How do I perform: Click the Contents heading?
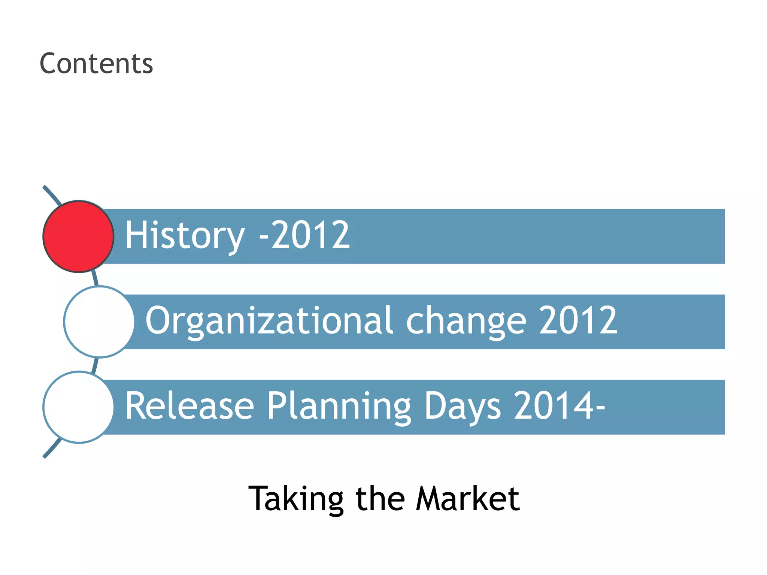pos(96,64)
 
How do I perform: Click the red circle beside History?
pos(78,237)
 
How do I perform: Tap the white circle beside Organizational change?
pos(99,322)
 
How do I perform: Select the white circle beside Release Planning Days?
pos(78,407)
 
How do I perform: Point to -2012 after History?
pos(304,235)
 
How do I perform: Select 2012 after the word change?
pos(577,320)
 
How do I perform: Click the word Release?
pos(190,406)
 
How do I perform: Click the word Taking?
pos(296,499)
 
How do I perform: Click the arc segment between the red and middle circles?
pos(95,279)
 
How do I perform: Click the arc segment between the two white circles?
pos(95,365)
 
